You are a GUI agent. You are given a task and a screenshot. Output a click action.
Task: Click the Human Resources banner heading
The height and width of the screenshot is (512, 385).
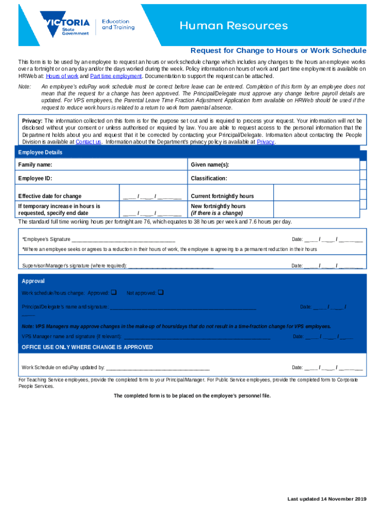(x=233, y=25)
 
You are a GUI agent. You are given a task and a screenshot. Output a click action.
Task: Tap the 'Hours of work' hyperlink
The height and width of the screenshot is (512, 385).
(x=62, y=76)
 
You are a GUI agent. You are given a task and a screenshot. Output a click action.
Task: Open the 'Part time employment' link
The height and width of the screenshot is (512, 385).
(x=116, y=76)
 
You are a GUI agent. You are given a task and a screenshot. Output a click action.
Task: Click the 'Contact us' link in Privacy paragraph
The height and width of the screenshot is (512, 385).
(x=88, y=142)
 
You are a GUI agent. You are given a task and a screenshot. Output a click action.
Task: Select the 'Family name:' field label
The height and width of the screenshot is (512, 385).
(x=35, y=165)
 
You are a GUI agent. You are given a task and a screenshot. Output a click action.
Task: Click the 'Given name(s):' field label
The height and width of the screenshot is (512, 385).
(x=209, y=165)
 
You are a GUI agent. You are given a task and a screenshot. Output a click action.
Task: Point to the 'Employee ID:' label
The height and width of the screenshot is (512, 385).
(x=35, y=178)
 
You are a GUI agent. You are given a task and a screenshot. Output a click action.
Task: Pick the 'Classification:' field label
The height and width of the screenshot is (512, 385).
(x=209, y=178)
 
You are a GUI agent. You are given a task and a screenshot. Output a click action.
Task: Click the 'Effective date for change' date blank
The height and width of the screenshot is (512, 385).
(x=152, y=196)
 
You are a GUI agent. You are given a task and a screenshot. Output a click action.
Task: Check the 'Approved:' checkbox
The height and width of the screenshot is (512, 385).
(x=113, y=292)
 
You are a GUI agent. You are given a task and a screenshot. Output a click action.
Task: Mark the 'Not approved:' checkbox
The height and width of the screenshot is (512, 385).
(x=160, y=292)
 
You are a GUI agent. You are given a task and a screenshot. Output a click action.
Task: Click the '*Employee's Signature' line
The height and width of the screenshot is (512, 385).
(x=123, y=239)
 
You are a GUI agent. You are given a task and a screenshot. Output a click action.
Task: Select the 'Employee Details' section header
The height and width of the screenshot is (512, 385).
(x=40, y=152)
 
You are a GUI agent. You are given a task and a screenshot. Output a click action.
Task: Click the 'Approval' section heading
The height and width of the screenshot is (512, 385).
(x=33, y=281)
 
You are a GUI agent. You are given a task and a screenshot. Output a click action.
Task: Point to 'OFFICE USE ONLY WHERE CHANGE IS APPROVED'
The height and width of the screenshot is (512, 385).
(x=87, y=347)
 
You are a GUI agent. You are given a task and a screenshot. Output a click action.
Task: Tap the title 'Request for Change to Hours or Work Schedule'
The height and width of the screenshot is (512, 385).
(x=278, y=51)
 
